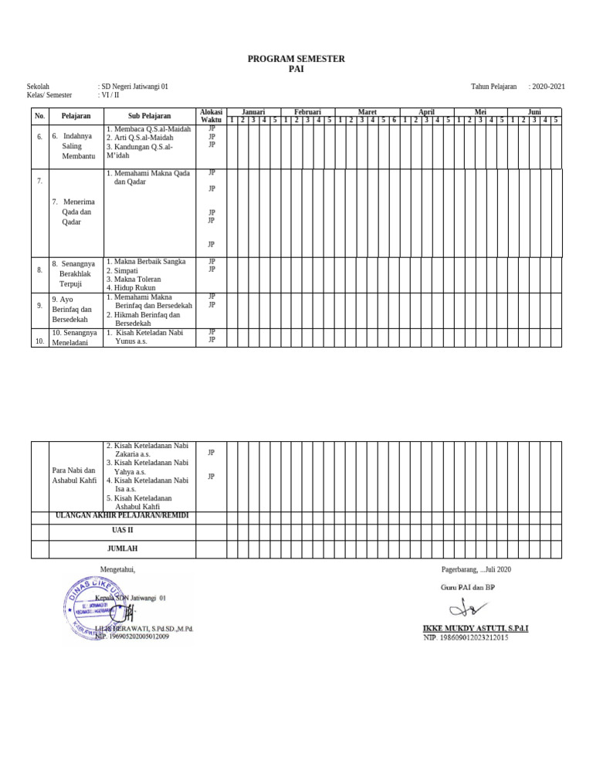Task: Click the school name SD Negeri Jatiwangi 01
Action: click(134, 87)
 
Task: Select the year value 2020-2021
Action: click(547, 87)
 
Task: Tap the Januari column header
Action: click(254, 112)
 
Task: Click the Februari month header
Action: click(307, 112)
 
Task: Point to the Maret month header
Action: click(368, 112)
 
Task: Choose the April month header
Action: click(426, 112)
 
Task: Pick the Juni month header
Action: click(534, 112)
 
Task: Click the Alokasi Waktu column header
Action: click(212, 116)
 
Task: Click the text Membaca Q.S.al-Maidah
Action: click(148, 128)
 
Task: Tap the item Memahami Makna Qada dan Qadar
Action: click(148, 178)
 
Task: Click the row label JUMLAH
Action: click(123, 548)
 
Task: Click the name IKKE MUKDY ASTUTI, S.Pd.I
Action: click(476, 628)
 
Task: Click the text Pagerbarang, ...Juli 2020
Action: click(476, 569)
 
